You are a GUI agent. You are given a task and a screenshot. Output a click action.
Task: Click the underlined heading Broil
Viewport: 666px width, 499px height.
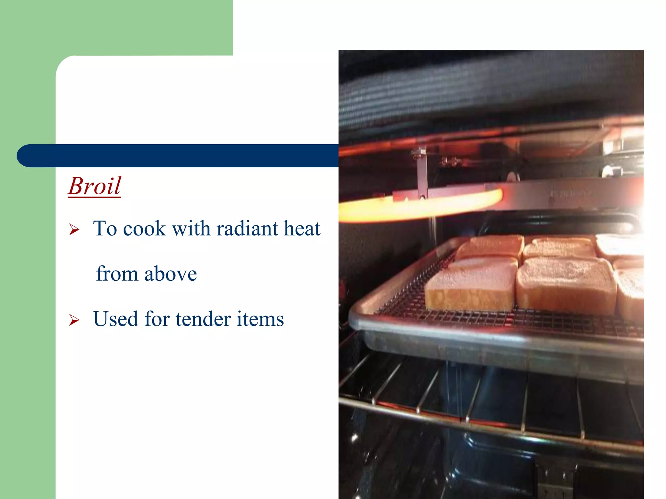click(x=94, y=186)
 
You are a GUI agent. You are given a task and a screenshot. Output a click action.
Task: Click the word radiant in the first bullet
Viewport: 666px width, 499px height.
click(x=247, y=228)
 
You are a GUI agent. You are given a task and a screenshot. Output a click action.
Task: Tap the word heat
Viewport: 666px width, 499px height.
click(x=302, y=228)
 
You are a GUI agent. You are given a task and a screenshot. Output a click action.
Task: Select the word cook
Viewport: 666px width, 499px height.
click(x=144, y=228)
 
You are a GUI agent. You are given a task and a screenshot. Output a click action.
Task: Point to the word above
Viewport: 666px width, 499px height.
click(x=170, y=274)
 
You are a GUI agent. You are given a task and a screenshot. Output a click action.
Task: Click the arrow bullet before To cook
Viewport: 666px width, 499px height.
click(x=74, y=230)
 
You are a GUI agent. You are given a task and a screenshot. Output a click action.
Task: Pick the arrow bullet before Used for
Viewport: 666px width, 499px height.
click(x=74, y=320)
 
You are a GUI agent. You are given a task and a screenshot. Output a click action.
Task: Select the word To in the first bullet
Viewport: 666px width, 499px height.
click(x=105, y=228)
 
